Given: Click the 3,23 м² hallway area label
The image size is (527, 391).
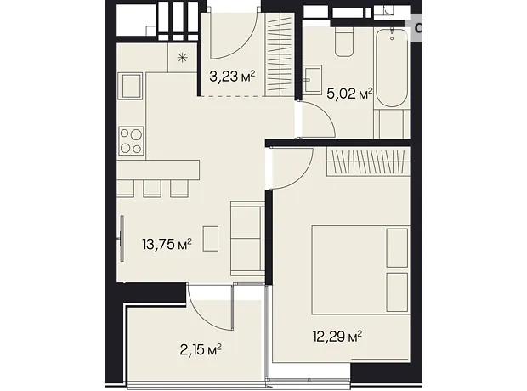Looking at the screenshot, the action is click(232, 76).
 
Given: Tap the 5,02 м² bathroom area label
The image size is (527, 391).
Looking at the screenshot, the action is click(350, 93).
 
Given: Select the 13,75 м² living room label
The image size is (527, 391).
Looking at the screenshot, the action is click(167, 244).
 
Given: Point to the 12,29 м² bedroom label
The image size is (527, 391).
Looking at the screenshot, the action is click(337, 337).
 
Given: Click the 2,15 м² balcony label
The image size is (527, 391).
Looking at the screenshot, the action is click(201, 350).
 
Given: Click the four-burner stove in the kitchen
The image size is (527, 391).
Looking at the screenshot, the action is click(131, 141).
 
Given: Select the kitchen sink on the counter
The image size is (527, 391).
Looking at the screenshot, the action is click(131, 86).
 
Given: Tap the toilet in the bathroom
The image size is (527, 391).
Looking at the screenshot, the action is click(344, 41).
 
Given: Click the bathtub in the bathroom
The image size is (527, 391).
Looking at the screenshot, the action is click(392, 68).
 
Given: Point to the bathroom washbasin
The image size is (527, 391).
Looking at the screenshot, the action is click(312, 80).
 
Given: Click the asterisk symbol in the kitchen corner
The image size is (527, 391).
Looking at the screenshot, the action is click(182, 58).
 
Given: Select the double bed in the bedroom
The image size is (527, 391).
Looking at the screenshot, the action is click(360, 270).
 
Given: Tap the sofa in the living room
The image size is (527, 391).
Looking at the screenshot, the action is click(247, 239).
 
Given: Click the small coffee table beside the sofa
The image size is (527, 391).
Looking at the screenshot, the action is click(211, 239).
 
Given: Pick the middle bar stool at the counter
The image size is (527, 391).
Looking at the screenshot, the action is click(152, 188).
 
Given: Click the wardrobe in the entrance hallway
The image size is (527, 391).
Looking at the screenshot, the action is click(280, 54).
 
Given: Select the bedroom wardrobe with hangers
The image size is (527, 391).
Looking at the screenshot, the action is click(368, 162).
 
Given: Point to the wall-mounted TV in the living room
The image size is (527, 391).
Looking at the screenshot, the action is click(122, 239).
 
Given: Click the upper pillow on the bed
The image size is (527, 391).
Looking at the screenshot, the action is click(397, 248).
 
